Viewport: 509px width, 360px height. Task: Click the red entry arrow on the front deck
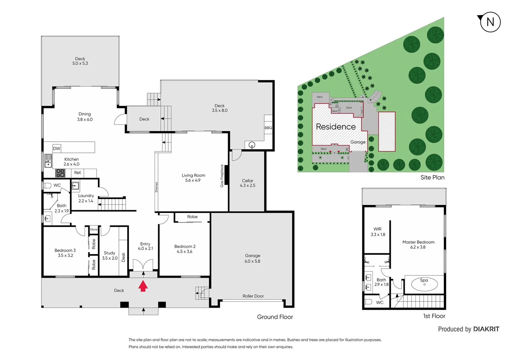pyautogui.click(x=143, y=286)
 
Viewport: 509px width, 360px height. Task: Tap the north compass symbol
pyautogui.click(x=490, y=22)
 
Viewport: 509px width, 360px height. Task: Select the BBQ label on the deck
pyautogui.click(x=268, y=128)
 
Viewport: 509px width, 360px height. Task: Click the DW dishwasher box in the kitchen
pyautogui.click(x=57, y=148)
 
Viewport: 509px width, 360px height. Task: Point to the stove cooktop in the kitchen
pyautogui.click(x=60, y=173)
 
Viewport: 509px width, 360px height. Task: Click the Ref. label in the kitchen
pyautogui.click(x=78, y=173)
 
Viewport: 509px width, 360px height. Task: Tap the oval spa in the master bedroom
pyautogui.click(x=424, y=284)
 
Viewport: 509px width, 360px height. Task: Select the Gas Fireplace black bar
pyautogui.click(x=226, y=175)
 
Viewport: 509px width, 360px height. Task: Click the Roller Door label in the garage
pyautogui.click(x=253, y=296)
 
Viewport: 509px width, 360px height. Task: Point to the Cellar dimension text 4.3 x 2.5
pyautogui.click(x=248, y=186)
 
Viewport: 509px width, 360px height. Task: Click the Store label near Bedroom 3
pyautogui.click(x=94, y=229)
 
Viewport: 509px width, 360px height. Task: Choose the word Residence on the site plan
pyautogui.click(x=335, y=127)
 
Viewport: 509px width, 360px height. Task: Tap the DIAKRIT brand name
pyautogui.click(x=486, y=329)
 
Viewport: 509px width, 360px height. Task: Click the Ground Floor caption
pyautogui.click(x=275, y=317)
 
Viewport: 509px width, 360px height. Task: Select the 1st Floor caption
pyautogui.click(x=434, y=316)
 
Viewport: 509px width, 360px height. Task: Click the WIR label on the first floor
pyautogui.click(x=377, y=229)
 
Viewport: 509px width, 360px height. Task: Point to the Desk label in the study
pyautogui.click(x=123, y=257)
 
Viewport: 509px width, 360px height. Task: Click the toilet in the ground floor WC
pyautogui.click(x=47, y=185)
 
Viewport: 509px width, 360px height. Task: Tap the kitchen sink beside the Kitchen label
pyautogui.click(x=48, y=160)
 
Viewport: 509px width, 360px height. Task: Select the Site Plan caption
pyautogui.click(x=432, y=177)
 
